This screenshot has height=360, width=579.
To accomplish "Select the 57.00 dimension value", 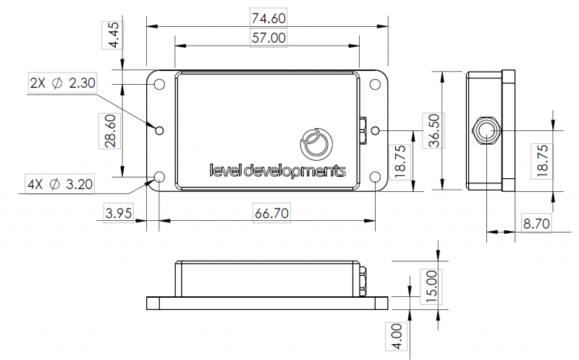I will pyautogui.click(x=266, y=38).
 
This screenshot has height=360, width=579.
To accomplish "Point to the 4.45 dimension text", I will pyautogui.click(x=111, y=35).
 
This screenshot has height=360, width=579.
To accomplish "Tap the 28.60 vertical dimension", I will pyautogui.click(x=111, y=130).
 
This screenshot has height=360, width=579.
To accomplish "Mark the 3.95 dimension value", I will pyautogui.click(x=118, y=214).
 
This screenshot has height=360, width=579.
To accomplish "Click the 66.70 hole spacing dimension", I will pyautogui.click(x=266, y=214).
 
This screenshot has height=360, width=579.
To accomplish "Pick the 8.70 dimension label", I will pyautogui.click(x=536, y=225).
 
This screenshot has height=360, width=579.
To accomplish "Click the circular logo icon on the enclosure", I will pyautogui.click(x=316, y=141).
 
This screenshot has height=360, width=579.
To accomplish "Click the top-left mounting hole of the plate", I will pyautogui.click(x=160, y=84).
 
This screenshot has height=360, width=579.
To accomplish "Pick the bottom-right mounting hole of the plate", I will pyautogui.click(x=375, y=177).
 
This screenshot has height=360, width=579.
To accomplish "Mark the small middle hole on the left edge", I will pyautogui.click(x=160, y=130).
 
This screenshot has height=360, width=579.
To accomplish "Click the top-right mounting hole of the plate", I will pyautogui.click(x=375, y=84).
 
